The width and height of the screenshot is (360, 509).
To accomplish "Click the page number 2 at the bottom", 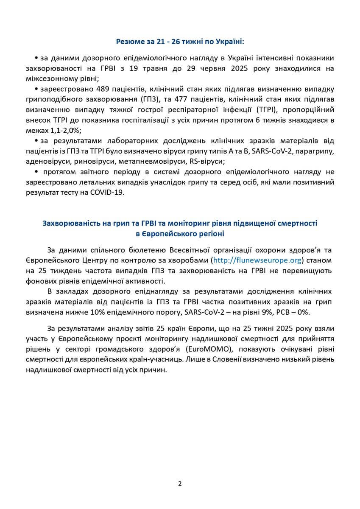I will [180, 484].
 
